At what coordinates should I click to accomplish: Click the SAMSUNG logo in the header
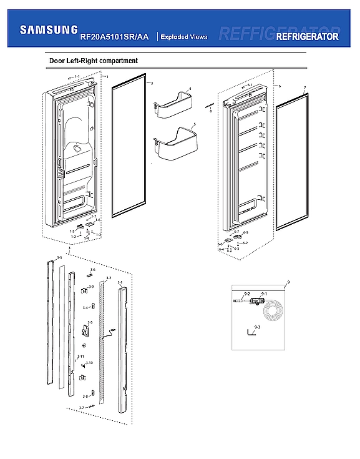click(49, 29)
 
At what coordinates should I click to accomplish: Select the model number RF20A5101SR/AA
click(114, 37)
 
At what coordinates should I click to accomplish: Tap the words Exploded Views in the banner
click(183, 37)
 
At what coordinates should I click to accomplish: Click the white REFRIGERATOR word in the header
click(307, 37)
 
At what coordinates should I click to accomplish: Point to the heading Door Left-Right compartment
click(93, 61)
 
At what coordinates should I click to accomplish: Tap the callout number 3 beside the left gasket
click(152, 83)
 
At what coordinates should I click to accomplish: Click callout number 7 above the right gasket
click(304, 87)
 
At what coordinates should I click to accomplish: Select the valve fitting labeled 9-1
click(255, 302)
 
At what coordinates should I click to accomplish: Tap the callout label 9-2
click(246, 294)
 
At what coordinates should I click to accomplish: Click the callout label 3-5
click(90, 322)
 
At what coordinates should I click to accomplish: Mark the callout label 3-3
click(59, 257)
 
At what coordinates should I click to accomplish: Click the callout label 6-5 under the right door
click(245, 232)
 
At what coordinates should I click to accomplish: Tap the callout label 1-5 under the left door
click(72, 231)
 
